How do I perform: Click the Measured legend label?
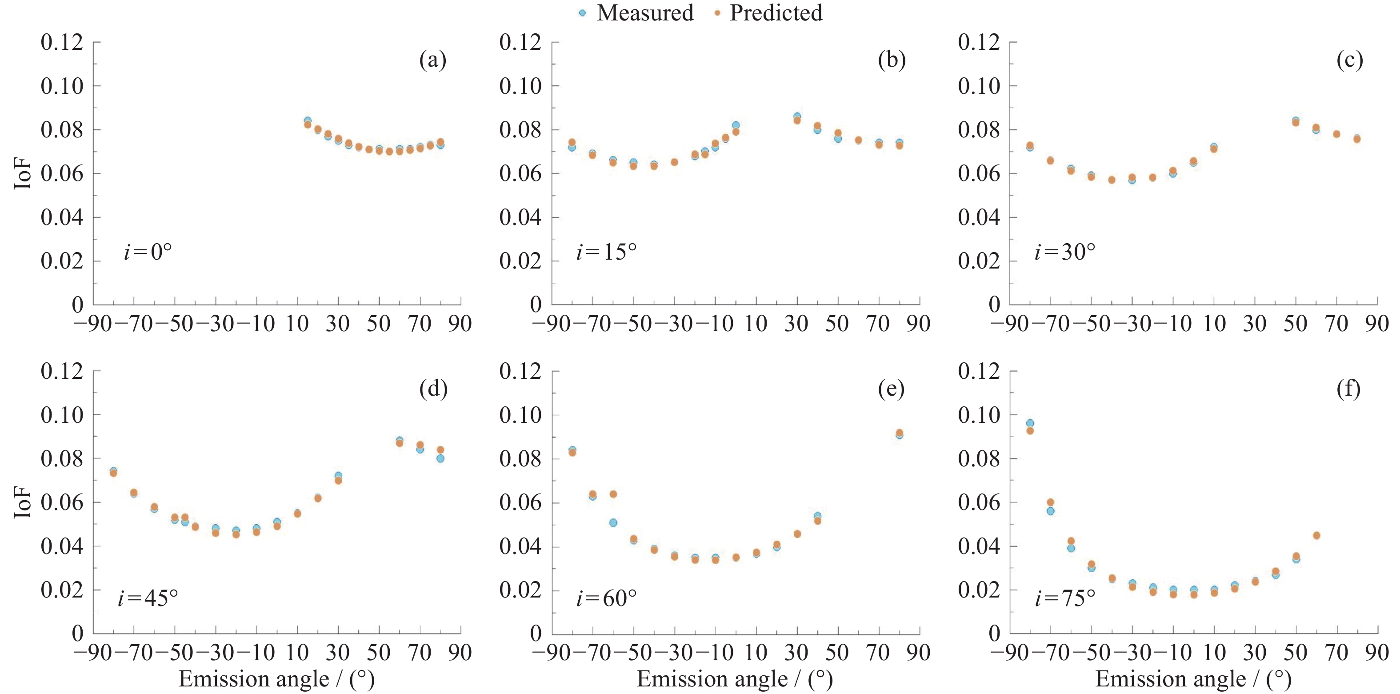(645, 13)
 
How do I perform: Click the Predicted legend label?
(776, 13)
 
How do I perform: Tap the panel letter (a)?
(432, 60)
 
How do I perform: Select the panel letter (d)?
(433, 389)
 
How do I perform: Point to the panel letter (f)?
(1348, 389)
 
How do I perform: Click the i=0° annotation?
(147, 252)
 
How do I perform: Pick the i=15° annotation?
(606, 252)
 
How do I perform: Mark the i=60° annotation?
(606, 598)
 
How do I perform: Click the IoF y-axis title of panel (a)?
(23, 173)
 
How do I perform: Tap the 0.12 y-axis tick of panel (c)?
(979, 42)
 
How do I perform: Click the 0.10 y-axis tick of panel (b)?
(520, 86)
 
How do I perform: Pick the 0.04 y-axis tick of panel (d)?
(61, 546)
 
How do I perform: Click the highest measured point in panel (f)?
(1030, 423)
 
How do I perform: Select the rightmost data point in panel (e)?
(900, 433)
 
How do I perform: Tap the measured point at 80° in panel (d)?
(440, 458)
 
